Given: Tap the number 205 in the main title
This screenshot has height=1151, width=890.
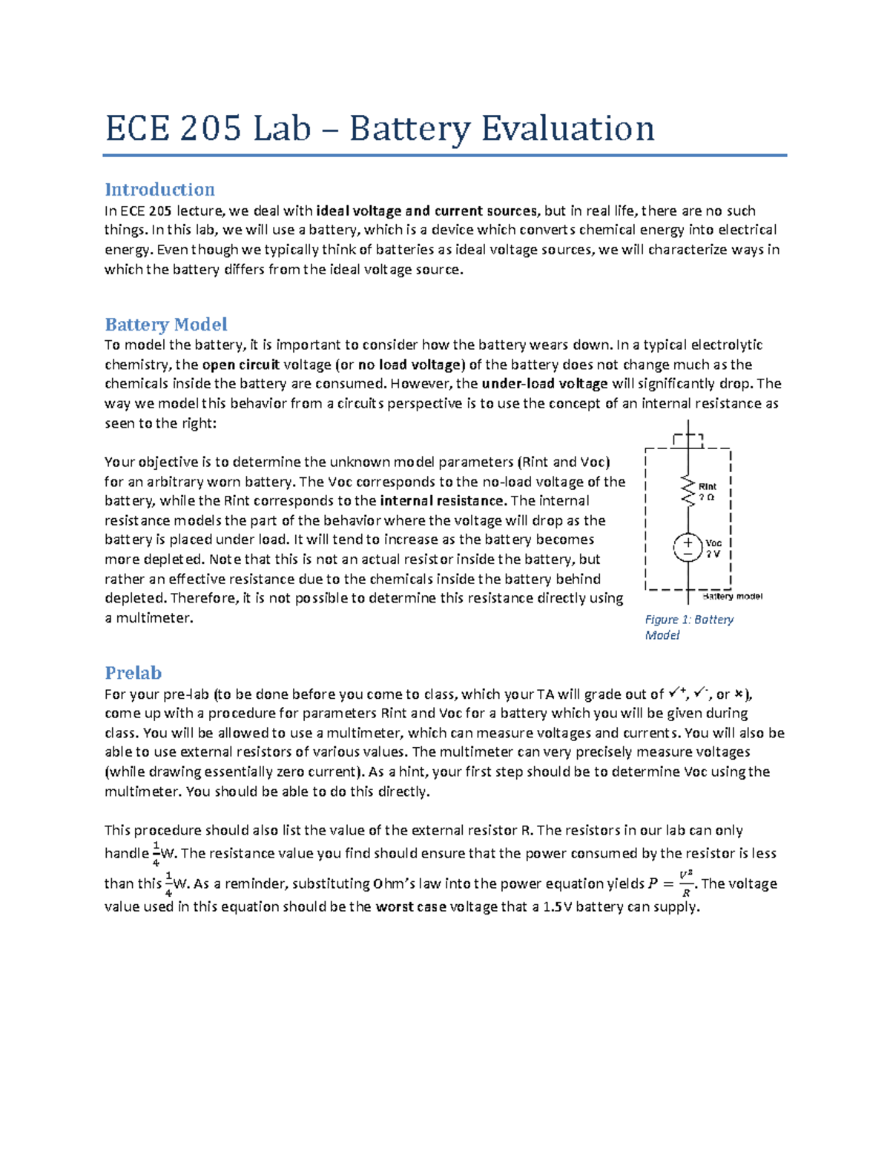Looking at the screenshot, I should (210, 128).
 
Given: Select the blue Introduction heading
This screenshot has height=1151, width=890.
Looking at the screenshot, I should (159, 189).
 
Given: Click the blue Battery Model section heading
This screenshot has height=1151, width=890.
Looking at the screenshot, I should (165, 325).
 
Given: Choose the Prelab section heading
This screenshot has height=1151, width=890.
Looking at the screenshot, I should (133, 673).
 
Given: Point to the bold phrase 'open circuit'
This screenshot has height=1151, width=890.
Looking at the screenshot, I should (240, 365).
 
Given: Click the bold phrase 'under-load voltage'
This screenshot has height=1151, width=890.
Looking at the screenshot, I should (544, 384).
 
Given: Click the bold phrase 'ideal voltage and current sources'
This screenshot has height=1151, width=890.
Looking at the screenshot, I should (428, 210).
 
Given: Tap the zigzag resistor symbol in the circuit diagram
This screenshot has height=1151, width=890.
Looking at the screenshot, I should (689, 491).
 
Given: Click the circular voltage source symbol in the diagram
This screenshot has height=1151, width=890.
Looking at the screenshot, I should (688, 548).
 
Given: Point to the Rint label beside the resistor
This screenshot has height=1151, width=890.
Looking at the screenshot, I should (708, 487).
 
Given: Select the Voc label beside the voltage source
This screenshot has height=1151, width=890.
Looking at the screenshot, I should (713, 543).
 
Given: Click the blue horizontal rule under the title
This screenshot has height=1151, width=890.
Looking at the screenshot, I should (444, 156).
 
